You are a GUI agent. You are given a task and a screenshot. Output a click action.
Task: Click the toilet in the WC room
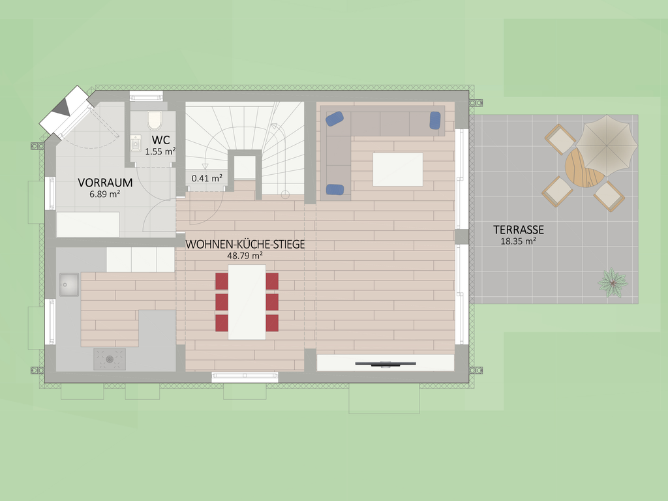coord(154,121)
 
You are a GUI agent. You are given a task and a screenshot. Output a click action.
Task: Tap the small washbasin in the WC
coord(136,144)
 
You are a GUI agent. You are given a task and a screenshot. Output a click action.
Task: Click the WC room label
coord(160,140)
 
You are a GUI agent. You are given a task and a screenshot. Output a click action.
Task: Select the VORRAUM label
coord(105,183)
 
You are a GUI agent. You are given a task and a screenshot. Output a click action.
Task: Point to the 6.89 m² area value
coord(105,194)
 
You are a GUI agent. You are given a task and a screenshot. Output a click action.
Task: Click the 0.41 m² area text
coord(207,178)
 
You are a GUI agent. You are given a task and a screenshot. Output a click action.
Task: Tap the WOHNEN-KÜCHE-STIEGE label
coord(245,244)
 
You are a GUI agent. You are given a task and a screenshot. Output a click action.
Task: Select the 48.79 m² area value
coord(245,256)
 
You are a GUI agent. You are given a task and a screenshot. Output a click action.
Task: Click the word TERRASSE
coord(519,230)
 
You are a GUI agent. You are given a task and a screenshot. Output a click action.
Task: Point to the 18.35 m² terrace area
coord(518,241)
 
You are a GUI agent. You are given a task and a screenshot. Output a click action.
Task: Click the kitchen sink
coord(69,284)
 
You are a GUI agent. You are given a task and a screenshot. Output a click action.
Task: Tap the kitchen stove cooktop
coord(110,359)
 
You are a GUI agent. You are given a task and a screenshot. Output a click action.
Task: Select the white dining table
coord(247,302)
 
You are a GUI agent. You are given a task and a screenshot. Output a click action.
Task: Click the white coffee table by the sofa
coord(398,169)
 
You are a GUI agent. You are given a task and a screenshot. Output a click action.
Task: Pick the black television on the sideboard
coord(386,364)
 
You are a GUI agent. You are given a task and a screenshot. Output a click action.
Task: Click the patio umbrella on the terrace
coord(606,145)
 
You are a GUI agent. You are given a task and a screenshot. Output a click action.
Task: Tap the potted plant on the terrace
coord(613,282)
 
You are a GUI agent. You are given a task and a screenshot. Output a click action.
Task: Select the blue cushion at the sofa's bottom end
coord(335,189)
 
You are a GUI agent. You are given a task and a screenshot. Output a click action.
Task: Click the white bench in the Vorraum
coord(88,224)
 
